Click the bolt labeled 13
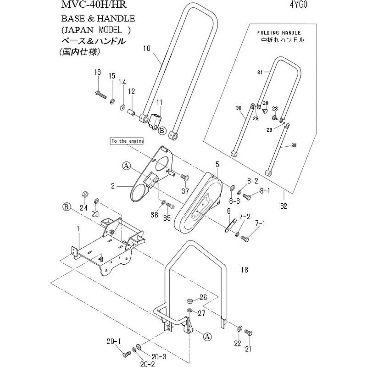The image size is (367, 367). (100, 95)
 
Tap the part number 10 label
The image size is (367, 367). (147, 48)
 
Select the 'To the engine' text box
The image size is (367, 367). (128, 141)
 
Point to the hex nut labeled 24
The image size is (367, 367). (84, 194)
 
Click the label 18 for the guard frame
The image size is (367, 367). (244, 270)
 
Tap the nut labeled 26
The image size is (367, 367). (190, 301)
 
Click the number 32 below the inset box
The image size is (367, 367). (284, 206)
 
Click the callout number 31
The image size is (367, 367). (260, 72)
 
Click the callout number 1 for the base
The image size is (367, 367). (78, 228)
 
